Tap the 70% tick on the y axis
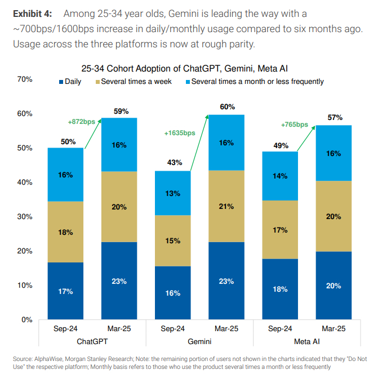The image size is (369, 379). (25, 79)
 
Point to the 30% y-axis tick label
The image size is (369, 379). (25, 217)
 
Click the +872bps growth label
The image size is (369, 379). (81, 122)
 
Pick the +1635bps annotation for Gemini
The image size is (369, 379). (180, 133)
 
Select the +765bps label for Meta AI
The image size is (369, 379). (294, 125)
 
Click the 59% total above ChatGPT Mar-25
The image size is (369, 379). (121, 112)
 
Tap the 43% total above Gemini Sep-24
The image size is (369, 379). (174, 163)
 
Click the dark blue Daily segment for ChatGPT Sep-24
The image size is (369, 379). (65, 291)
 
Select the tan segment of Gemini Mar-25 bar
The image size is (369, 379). (226, 206)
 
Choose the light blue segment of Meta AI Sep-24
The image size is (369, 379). (281, 176)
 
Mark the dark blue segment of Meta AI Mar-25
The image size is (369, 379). (334, 286)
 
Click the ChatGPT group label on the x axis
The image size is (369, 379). (93, 341)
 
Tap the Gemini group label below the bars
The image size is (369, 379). (200, 341)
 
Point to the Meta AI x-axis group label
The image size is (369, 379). (308, 341)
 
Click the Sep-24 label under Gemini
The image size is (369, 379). (174, 329)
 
